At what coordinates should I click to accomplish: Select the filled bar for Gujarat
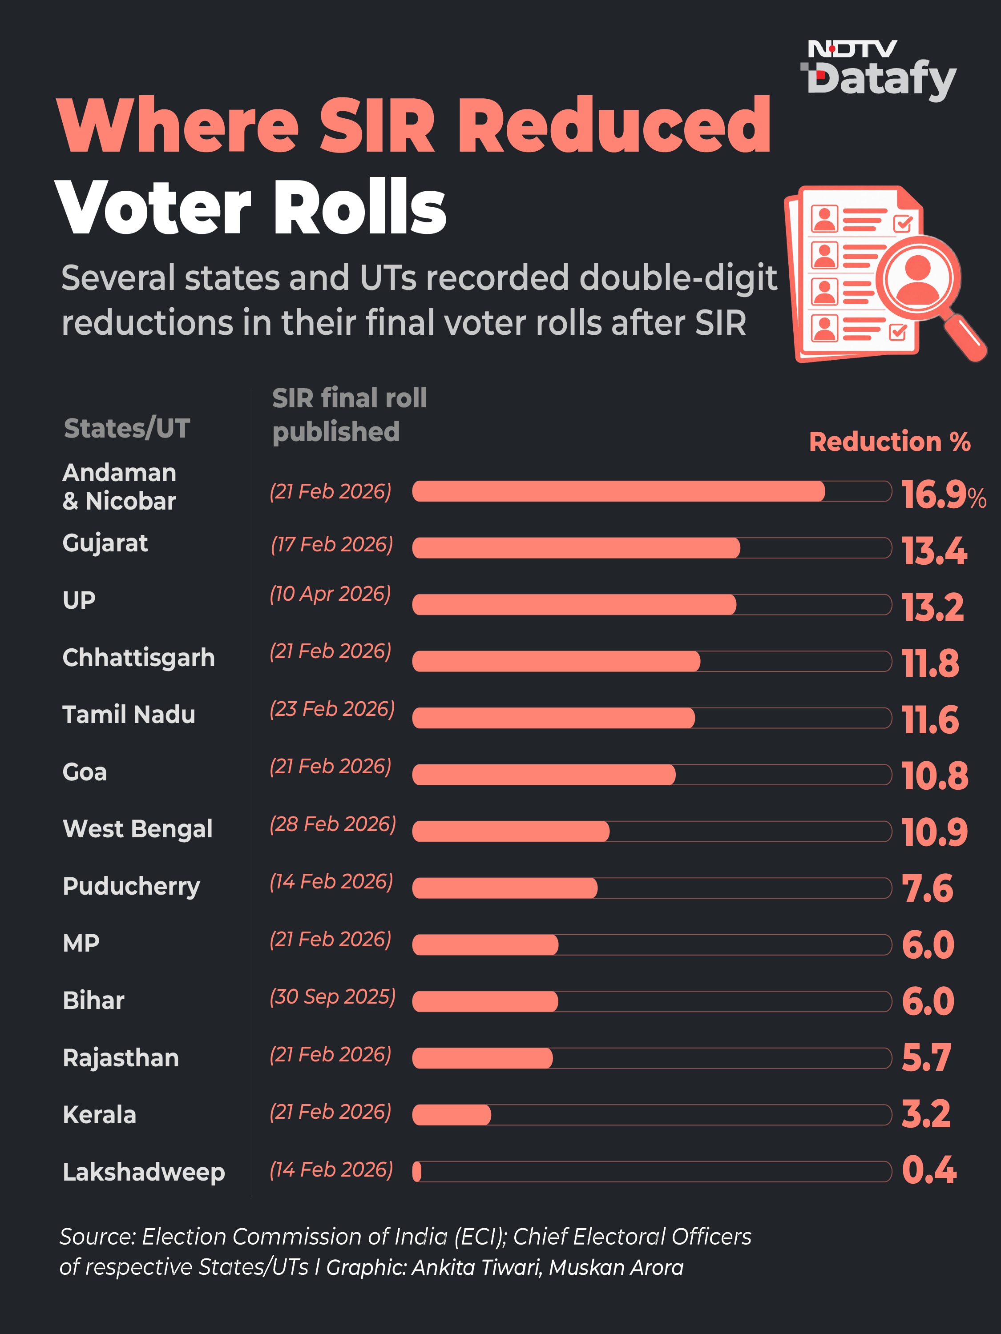pyautogui.click(x=576, y=547)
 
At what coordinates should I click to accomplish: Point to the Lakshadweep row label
pyautogui.click(x=144, y=1172)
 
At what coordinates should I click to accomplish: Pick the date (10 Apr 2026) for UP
pyautogui.click(x=330, y=594)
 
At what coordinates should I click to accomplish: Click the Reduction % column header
pyautogui.click(x=889, y=442)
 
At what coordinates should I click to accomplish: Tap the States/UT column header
pyautogui.click(x=127, y=428)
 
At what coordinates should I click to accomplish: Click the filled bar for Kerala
pyautogui.click(x=451, y=1114)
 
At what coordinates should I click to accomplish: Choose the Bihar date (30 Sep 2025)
pyautogui.click(x=332, y=997)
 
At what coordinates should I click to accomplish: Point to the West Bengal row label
pyautogui.click(x=137, y=828)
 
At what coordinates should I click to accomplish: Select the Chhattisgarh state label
pyautogui.click(x=139, y=657)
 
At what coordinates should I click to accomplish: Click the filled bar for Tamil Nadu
pyautogui.click(x=553, y=718)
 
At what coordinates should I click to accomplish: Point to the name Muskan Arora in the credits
pyautogui.click(x=616, y=1267)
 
